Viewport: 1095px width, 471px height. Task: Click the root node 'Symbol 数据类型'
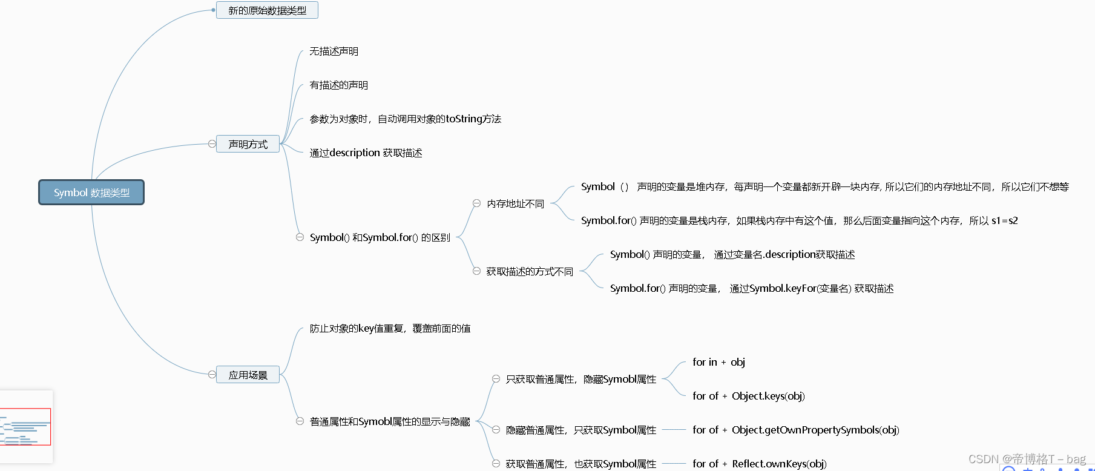point(91,193)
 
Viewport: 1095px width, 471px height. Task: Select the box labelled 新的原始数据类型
point(267,10)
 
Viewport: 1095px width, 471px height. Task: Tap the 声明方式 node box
point(248,144)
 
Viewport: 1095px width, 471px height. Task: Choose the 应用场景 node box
point(248,375)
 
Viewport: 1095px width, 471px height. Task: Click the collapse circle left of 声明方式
point(212,144)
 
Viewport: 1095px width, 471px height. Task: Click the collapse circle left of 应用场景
point(212,375)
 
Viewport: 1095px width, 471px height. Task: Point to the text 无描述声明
point(334,51)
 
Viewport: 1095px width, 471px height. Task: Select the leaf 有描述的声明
point(338,85)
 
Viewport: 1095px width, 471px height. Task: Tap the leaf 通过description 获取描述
point(366,153)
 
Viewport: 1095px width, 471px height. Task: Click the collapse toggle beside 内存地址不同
point(476,203)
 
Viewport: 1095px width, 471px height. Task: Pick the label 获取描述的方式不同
point(530,271)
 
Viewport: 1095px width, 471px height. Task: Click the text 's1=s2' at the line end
point(1004,220)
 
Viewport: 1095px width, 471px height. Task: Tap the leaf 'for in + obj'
point(718,362)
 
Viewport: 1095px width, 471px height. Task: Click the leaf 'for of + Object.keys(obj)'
point(748,396)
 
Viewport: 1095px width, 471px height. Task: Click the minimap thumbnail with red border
point(25,426)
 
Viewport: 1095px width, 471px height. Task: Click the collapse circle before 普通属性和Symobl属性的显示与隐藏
point(300,421)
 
